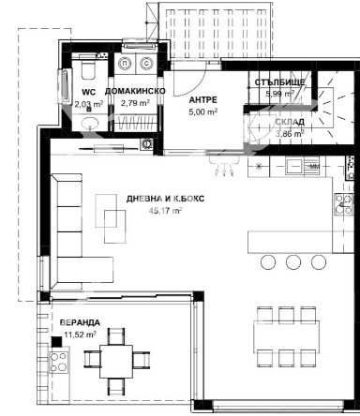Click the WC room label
tap(90, 92)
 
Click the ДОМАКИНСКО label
tap(135, 91)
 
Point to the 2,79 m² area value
tap(135, 102)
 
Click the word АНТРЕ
tap(203, 98)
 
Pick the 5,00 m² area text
tap(203, 111)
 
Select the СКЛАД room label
tap(289, 122)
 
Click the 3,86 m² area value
tap(289, 134)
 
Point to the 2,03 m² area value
tap(90, 104)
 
